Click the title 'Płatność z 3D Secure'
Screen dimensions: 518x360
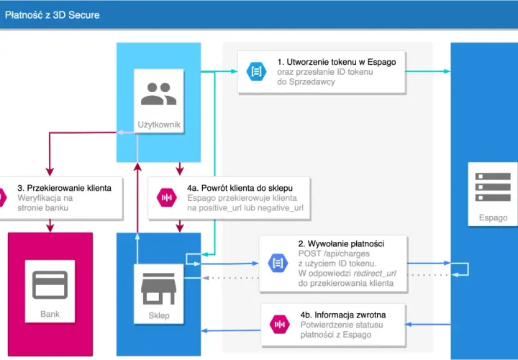coord(53,15)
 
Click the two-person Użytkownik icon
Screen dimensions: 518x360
coord(158,94)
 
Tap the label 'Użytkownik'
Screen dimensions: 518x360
coord(159,125)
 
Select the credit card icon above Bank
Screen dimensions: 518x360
coord(50,285)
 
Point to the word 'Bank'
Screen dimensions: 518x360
coord(50,314)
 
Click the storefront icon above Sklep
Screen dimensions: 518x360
coord(158,289)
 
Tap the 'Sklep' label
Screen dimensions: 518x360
coord(159,315)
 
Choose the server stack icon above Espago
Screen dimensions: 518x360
coord(493,186)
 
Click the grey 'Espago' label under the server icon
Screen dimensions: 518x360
coord(493,217)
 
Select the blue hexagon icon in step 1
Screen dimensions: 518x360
coord(256,71)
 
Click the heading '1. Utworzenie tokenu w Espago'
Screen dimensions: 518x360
coord(337,62)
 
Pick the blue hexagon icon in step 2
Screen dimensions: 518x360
coord(278,263)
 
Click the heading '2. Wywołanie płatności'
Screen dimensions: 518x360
coord(341,243)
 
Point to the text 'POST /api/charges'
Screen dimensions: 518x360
coord(334,253)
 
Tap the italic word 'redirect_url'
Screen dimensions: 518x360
coord(375,274)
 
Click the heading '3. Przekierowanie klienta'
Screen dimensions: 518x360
coord(65,188)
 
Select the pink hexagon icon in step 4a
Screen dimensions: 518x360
coord(167,198)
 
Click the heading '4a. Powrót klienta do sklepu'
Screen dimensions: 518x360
coord(240,188)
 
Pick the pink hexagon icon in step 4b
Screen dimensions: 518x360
coord(280,324)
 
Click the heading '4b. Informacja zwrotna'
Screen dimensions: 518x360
coord(343,315)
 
